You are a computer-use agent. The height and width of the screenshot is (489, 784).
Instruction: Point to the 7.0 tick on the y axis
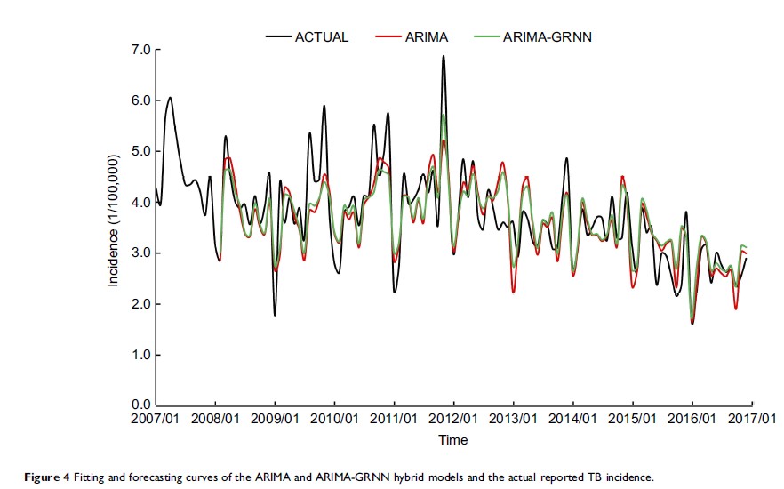pos(141,50)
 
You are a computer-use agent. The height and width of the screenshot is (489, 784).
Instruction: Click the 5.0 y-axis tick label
pos(141,152)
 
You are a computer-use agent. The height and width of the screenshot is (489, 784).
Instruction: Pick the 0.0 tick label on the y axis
pos(141,405)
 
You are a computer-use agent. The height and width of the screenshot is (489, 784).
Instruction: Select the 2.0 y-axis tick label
pos(141,304)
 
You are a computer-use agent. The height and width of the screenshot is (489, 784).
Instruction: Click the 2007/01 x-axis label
pos(156,419)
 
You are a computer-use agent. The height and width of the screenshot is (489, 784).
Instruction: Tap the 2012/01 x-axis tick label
pos(454,419)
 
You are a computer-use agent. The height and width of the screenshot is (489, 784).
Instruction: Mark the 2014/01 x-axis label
pos(573,419)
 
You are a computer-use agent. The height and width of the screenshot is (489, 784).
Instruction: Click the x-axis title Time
pos(452,440)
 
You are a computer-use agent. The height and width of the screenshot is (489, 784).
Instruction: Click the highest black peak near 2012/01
pos(443,56)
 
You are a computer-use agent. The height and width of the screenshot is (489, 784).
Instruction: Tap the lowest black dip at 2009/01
pos(275,315)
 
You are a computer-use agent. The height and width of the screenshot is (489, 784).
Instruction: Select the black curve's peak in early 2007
pos(170,98)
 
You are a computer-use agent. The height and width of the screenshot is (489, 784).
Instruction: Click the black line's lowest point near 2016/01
pos(692,324)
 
